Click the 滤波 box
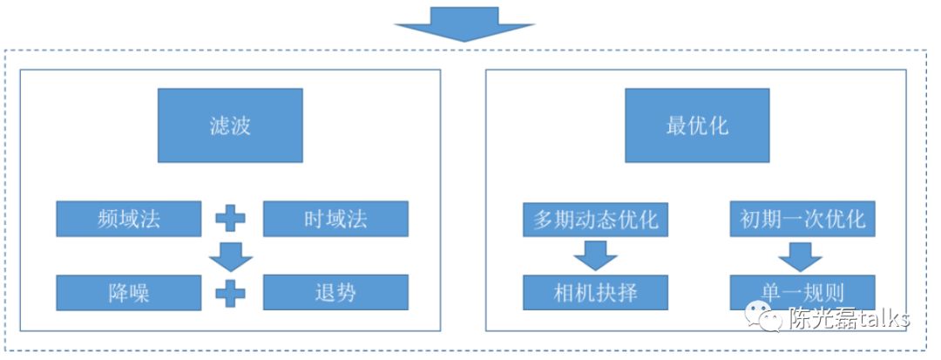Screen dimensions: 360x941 (x=230, y=125)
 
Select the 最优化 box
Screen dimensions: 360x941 (x=697, y=125)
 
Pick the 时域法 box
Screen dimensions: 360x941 (x=335, y=219)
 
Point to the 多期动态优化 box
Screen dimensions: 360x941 (x=595, y=219)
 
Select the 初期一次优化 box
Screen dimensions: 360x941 (x=802, y=219)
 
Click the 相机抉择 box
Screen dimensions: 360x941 (x=595, y=292)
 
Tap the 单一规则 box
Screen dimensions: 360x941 (x=802, y=292)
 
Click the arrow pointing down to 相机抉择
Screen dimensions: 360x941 (x=595, y=255)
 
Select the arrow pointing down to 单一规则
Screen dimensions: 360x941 (x=801, y=255)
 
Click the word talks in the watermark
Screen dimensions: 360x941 (x=880, y=318)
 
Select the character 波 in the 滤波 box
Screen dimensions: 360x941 (x=241, y=126)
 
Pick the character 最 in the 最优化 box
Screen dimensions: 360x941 (x=676, y=126)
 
